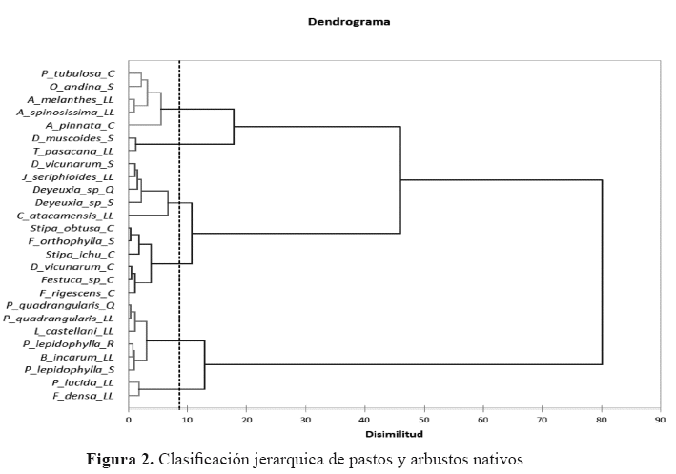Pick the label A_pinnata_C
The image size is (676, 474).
(x=80, y=125)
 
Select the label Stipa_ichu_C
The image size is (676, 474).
(x=81, y=254)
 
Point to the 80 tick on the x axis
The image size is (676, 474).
(x=602, y=418)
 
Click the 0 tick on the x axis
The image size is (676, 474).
(x=129, y=418)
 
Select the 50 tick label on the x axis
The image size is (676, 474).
(x=424, y=418)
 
